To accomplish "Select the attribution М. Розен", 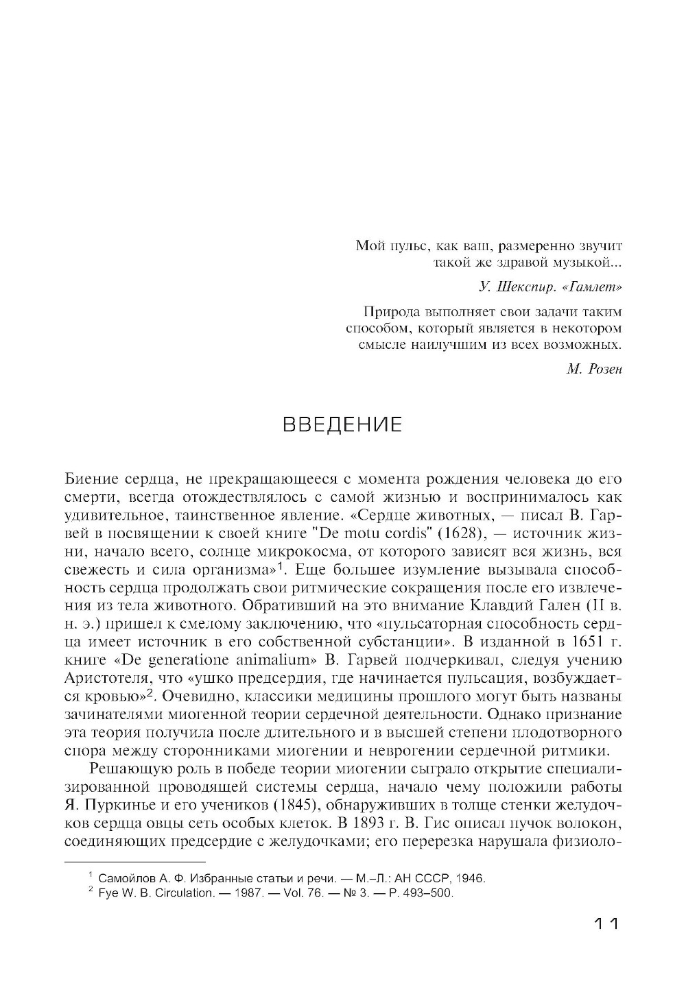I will (x=594, y=370).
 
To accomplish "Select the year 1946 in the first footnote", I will (x=470, y=879).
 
